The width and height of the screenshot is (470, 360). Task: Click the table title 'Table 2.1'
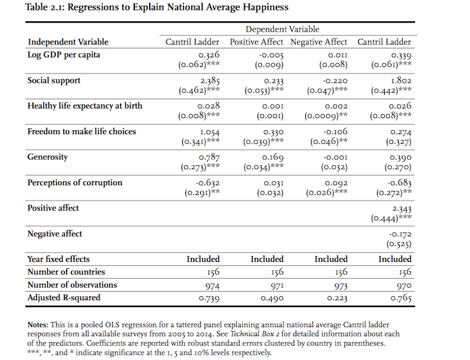coord(45,7)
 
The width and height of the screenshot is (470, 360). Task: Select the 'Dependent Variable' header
coord(282,29)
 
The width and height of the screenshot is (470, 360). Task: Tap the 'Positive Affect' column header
coord(256,42)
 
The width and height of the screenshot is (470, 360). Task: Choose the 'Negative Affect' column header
coord(319,42)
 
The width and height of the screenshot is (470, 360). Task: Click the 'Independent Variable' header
coord(68,42)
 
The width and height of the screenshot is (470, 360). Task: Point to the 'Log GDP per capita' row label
coord(63,55)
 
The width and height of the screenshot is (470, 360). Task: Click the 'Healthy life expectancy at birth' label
coord(85,106)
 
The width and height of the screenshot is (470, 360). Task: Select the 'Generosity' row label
coord(47,157)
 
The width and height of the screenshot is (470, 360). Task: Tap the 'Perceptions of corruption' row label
coord(75,183)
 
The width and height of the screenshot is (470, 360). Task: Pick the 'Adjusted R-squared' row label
coord(64,297)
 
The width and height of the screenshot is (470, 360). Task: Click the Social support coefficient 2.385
coord(210,81)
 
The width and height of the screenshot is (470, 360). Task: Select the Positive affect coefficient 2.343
coord(402,208)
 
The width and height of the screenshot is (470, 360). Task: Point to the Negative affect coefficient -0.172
coord(400,234)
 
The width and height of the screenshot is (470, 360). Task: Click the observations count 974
coord(212,286)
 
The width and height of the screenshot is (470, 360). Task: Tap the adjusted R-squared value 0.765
coord(401,298)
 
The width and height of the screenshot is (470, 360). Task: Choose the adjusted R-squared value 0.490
coord(272,298)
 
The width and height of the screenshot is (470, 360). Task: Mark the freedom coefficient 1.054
coord(210,132)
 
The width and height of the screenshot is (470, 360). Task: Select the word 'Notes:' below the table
coord(37,325)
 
